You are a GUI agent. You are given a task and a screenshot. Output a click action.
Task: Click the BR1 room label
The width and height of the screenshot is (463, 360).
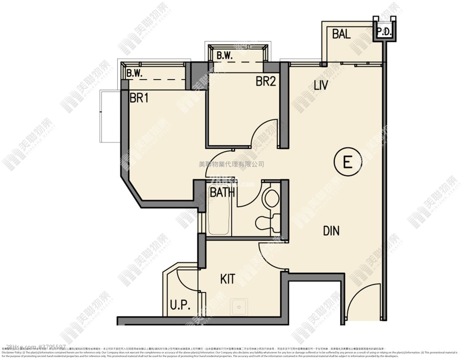(139, 98)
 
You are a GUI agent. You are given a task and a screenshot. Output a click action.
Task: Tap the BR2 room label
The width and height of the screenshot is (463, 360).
(266, 82)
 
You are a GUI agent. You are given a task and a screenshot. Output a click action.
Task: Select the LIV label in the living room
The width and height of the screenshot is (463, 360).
(321, 85)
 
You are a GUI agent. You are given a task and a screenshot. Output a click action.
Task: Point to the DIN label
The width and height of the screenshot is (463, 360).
(331, 231)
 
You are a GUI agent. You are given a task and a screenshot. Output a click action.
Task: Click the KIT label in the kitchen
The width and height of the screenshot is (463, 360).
(228, 279)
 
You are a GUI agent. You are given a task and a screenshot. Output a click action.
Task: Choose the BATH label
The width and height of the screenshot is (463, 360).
(222, 192)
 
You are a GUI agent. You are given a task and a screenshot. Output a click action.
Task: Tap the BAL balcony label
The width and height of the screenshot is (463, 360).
(341, 34)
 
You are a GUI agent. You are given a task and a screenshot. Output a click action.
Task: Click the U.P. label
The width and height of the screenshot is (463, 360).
(180, 305)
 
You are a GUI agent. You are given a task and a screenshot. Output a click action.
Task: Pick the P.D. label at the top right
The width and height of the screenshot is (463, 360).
(384, 32)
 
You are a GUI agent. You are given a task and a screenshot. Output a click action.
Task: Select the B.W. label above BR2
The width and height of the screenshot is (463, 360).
(224, 56)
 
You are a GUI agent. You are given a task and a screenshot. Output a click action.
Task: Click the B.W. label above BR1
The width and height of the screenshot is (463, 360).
(135, 73)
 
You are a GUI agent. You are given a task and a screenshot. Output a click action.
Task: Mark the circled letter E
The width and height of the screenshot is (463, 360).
(347, 162)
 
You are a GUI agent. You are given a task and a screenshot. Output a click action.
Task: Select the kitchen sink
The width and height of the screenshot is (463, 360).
(239, 307)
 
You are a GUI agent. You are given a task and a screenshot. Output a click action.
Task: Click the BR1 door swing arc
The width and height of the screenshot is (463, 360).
(216, 162)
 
